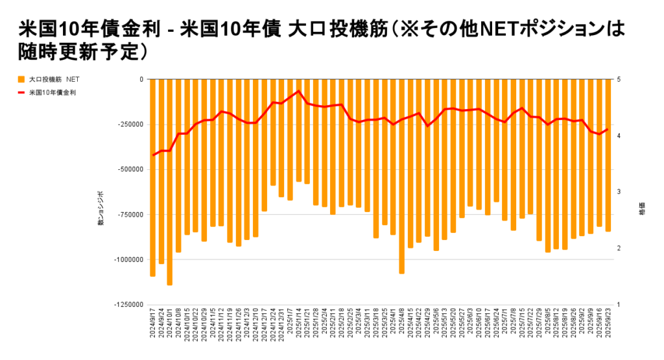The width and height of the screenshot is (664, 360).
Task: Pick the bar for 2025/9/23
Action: pos(608,155)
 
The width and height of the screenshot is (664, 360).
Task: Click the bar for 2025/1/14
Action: pos(298,130)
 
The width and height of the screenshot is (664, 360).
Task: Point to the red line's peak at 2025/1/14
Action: pos(298,91)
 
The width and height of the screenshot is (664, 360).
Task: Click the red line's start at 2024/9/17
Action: pos(153,155)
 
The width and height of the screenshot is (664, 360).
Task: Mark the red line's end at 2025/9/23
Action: pos(608,128)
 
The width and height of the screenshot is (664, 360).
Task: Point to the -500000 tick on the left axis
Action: pos(132,169)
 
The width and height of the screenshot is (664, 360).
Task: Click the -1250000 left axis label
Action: pos(130,305)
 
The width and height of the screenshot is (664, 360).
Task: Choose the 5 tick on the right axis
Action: pos(620,79)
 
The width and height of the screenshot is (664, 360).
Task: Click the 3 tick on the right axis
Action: pos(620,192)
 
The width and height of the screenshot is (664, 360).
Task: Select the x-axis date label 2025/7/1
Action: pos(504,324)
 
